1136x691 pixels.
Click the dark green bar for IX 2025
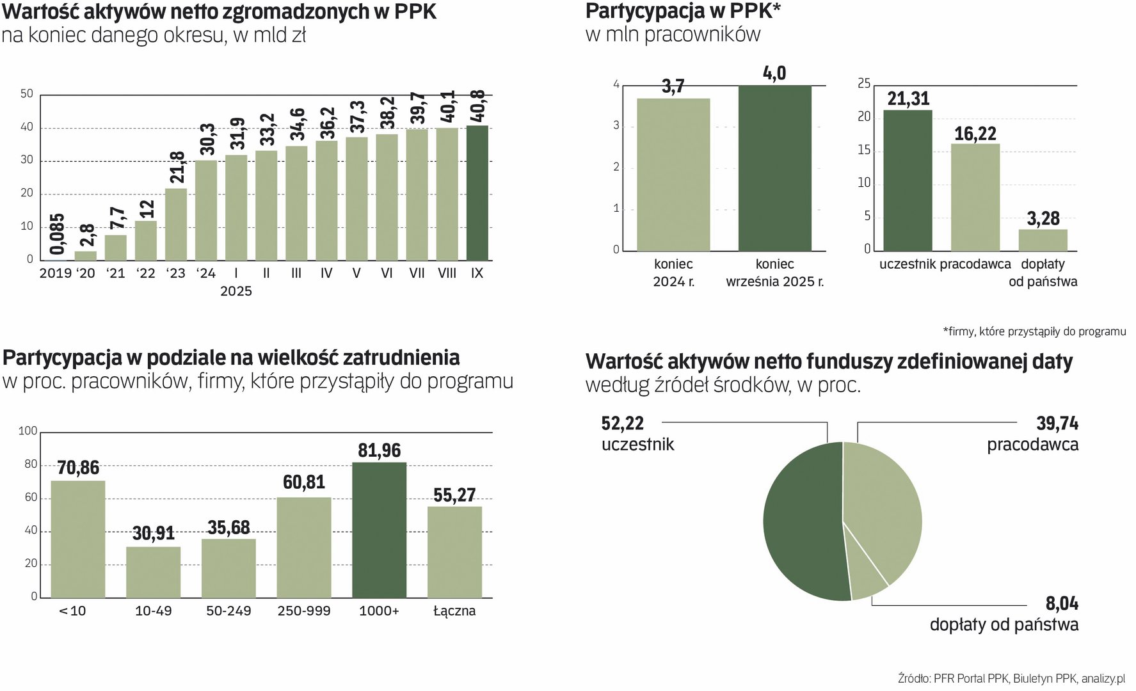pyautogui.click(x=477, y=193)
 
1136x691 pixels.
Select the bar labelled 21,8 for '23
pyautogui.click(x=176, y=224)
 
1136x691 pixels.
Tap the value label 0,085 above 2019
pyautogui.click(x=56, y=235)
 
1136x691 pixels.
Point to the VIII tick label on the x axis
pyautogui.click(x=447, y=273)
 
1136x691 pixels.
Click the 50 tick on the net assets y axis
pyautogui.click(x=27, y=94)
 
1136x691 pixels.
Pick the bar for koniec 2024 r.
pyautogui.click(x=673, y=174)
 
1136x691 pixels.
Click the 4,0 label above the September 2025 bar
pyautogui.click(x=774, y=74)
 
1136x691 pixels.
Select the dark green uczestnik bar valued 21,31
pyautogui.click(x=908, y=180)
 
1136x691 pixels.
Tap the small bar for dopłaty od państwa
pyautogui.click(x=1043, y=240)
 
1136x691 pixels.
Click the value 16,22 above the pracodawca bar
pyautogui.click(x=975, y=134)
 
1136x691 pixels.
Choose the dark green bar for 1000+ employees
pyautogui.click(x=379, y=530)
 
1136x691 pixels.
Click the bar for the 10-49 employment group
pyautogui.click(x=153, y=572)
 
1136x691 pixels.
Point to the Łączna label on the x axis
pyautogui.click(x=454, y=611)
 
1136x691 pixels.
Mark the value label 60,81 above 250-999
pyautogui.click(x=304, y=482)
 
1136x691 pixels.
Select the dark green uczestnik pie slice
pyautogui.click(x=803, y=521)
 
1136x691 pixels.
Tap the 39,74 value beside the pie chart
pyautogui.click(x=1057, y=424)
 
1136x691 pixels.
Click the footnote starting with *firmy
pyautogui.click(x=1034, y=331)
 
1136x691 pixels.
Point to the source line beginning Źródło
pyautogui.click(x=1011, y=679)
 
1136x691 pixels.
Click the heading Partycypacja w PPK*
pyautogui.click(x=683, y=12)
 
